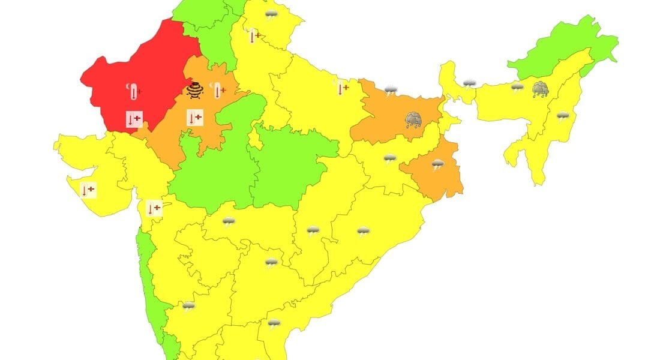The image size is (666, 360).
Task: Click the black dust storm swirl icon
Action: click(x=194, y=90)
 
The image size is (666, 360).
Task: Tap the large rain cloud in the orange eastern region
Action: click(x=413, y=120)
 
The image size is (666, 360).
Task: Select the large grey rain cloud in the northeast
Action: click(x=541, y=89)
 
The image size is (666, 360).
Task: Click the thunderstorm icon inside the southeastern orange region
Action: click(x=437, y=164)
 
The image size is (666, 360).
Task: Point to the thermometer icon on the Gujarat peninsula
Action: click(x=88, y=190)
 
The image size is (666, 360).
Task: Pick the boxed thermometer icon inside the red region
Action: click(x=134, y=119)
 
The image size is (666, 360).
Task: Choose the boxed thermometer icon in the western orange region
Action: click(x=194, y=118)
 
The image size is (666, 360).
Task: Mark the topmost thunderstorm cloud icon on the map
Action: click(x=271, y=16)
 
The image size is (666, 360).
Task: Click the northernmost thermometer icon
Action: click(x=254, y=36)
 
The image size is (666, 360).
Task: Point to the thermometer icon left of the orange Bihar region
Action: click(x=342, y=88)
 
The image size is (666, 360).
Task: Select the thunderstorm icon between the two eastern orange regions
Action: click(x=390, y=159)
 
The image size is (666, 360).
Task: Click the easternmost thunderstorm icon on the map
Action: click(x=562, y=116)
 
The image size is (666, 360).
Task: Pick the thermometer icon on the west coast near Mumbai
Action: click(x=154, y=208)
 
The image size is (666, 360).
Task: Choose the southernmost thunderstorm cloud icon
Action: click(x=274, y=324)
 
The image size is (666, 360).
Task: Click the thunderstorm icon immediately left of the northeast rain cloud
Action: click(x=517, y=88)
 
